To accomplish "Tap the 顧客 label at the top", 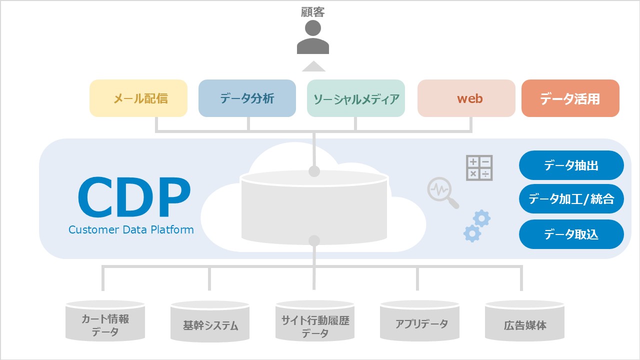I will (x=313, y=11).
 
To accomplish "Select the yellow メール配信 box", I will (x=138, y=98).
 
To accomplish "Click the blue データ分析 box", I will (x=247, y=98).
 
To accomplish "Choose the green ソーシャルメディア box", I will (x=356, y=98).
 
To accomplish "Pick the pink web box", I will (x=466, y=98).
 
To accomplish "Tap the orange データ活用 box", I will (x=570, y=98).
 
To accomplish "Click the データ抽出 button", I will (x=571, y=165).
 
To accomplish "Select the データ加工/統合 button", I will (x=571, y=199).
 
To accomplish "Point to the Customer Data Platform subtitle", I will (x=131, y=230).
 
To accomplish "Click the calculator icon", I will (x=479, y=167).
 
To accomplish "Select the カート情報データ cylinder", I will (x=105, y=322).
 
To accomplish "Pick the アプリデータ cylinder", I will (x=419, y=322).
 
